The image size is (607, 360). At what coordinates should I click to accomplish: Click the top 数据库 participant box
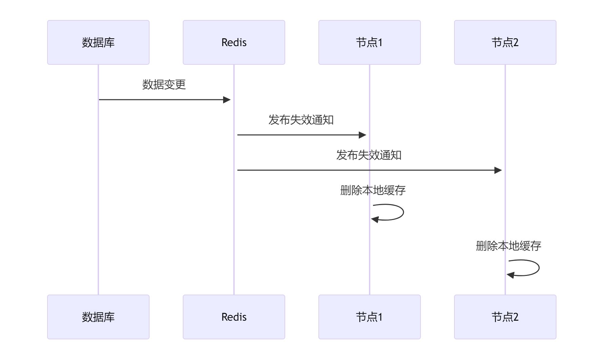pyautogui.click(x=98, y=42)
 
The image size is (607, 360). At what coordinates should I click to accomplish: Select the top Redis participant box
pyautogui.click(x=234, y=42)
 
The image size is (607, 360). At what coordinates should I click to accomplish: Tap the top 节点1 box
pyautogui.click(x=370, y=42)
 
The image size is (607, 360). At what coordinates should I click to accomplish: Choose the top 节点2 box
pyautogui.click(x=505, y=42)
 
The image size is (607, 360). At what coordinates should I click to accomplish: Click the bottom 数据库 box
pyautogui.click(x=98, y=317)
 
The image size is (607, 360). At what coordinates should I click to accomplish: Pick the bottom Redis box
pyautogui.click(x=234, y=317)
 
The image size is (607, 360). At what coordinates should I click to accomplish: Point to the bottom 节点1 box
pyautogui.click(x=370, y=317)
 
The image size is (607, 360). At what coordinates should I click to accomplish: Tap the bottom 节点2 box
pyautogui.click(x=505, y=317)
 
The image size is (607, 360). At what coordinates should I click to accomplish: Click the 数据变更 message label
pyautogui.click(x=164, y=84)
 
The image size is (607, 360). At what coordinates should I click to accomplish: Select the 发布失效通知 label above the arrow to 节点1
pyautogui.click(x=301, y=120)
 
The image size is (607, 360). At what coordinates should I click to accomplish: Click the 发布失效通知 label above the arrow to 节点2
pyautogui.click(x=369, y=155)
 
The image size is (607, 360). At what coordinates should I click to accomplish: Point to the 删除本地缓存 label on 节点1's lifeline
pyautogui.click(x=373, y=190)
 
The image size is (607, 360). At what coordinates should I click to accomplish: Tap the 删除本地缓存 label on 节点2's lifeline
pyautogui.click(x=509, y=246)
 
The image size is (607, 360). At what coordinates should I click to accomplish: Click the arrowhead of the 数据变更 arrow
pyautogui.click(x=227, y=100)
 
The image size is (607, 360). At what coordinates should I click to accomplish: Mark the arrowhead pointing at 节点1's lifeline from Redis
pyautogui.click(x=363, y=135)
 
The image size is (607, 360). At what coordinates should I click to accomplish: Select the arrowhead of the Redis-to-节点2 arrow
pyautogui.click(x=498, y=170)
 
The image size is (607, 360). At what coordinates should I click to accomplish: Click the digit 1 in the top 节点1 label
pyautogui.click(x=380, y=42)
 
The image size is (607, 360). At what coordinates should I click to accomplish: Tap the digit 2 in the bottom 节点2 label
pyautogui.click(x=516, y=317)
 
